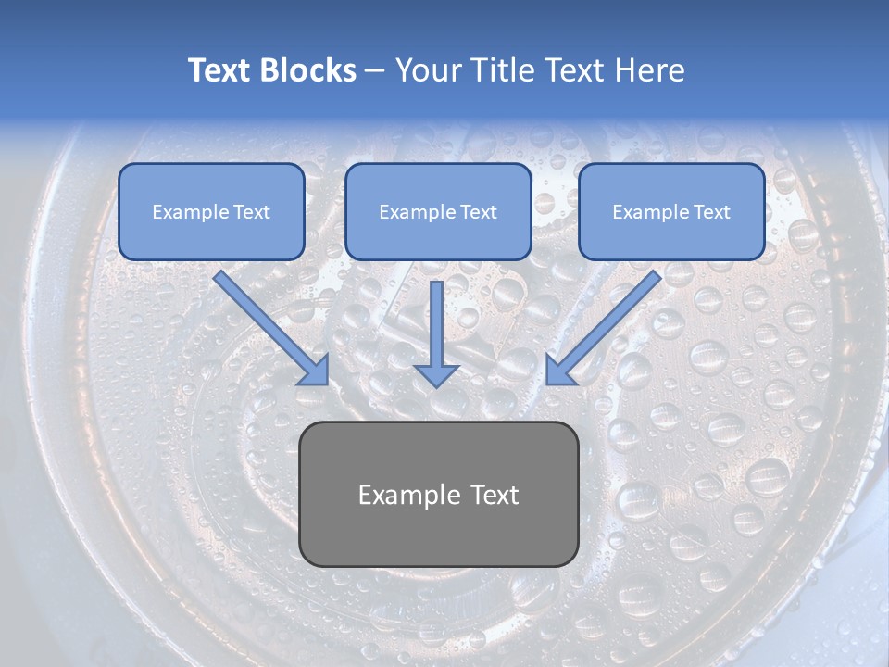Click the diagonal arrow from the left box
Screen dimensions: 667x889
269,325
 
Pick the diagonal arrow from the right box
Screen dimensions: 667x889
607,325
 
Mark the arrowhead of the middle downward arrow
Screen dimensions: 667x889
436,374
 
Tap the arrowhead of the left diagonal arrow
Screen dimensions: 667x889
316,371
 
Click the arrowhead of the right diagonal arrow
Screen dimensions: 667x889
559,371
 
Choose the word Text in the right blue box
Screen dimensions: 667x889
711,212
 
